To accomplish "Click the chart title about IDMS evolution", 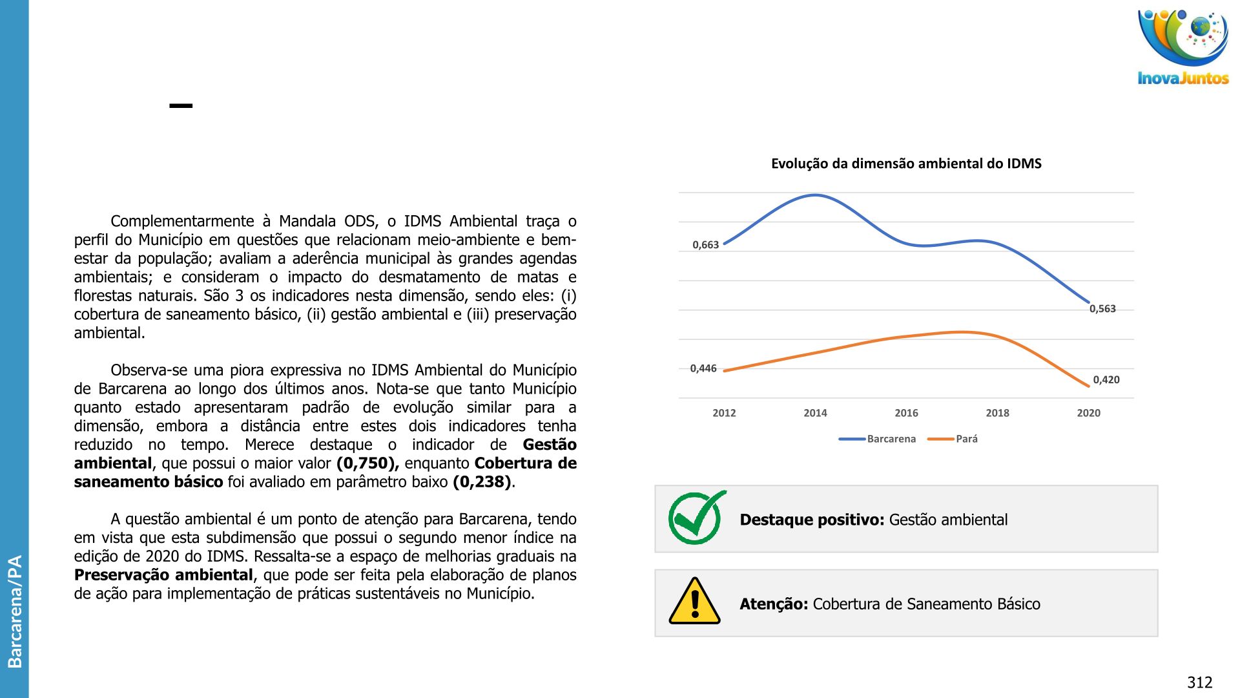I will (x=905, y=164).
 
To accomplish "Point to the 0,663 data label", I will (x=705, y=245).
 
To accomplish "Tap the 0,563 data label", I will (x=1102, y=309).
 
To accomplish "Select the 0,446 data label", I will (x=703, y=368).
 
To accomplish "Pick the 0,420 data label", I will (x=1106, y=380).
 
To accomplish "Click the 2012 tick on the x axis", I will (x=724, y=413).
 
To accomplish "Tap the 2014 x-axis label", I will (x=815, y=413).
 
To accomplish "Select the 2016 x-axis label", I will (x=906, y=413).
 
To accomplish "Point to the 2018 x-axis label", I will (x=997, y=413).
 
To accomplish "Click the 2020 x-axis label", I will (x=1088, y=413).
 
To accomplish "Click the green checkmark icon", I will (x=696, y=518).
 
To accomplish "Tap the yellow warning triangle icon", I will (x=695, y=602).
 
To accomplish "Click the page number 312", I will (x=1199, y=682).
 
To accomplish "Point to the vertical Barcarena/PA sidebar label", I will (x=14, y=611).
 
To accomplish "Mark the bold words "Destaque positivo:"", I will (x=812, y=520).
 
